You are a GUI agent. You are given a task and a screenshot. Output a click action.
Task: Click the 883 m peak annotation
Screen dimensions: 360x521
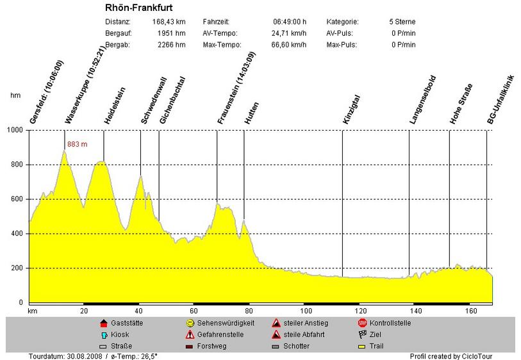point(77,144)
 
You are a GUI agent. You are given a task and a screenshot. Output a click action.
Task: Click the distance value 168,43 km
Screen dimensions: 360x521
point(169,22)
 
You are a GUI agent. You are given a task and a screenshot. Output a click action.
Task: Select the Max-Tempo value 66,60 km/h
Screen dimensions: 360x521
point(286,45)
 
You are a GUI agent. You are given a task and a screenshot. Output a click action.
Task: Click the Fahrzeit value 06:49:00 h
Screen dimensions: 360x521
point(289,22)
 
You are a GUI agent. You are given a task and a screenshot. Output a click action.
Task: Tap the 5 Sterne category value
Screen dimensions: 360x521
point(402,22)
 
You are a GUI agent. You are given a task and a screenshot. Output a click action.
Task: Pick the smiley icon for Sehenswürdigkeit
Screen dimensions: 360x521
point(190,323)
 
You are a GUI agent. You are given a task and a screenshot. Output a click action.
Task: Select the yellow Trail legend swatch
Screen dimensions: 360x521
point(362,347)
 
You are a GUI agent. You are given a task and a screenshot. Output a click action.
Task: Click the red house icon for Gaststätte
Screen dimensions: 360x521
point(104,323)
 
